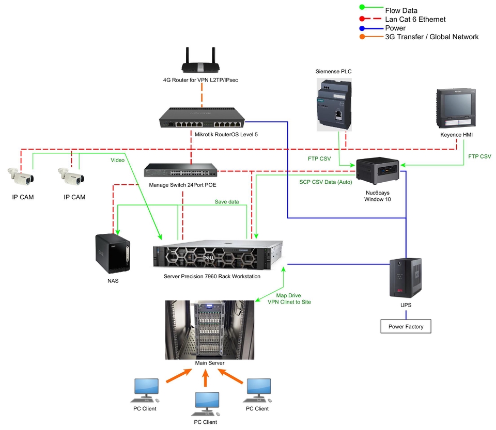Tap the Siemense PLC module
(x=334, y=103)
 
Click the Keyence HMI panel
(x=456, y=108)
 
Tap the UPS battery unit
(x=406, y=278)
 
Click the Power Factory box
(x=406, y=326)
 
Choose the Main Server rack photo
(x=209, y=329)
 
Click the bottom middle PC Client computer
(x=206, y=405)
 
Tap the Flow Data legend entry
(x=401, y=10)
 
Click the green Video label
(x=117, y=160)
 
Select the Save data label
(x=227, y=201)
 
